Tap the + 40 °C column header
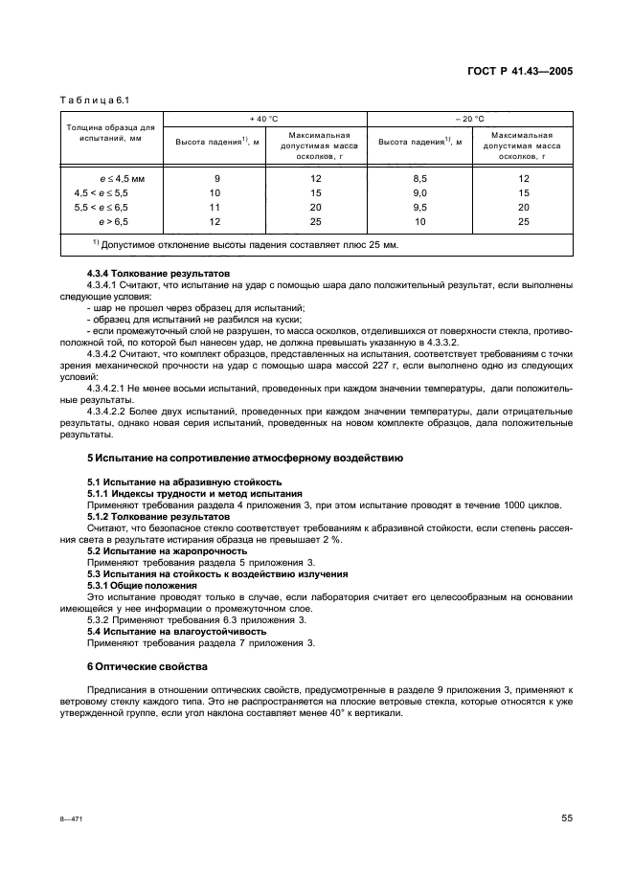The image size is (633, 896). [264, 118]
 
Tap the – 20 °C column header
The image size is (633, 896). [469, 118]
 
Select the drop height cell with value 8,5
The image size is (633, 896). [419, 178]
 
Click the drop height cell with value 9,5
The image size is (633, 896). [419, 207]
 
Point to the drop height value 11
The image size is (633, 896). [215, 207]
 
